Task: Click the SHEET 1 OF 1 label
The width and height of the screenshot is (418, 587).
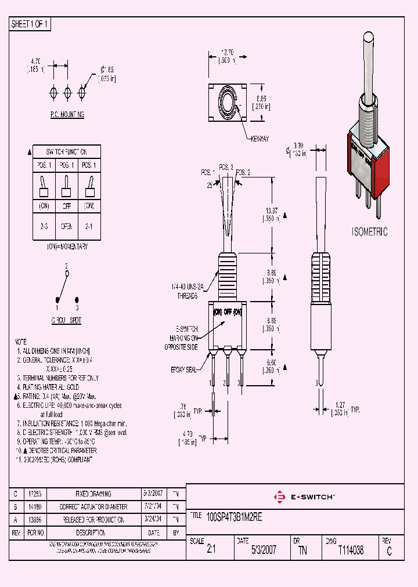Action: click(x=30, y=24)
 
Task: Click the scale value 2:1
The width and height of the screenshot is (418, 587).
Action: click(x=211, y=550)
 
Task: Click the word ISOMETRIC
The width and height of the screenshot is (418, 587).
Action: click(x=370, y=231)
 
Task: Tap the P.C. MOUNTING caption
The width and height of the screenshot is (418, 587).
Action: click(x=67, y=115)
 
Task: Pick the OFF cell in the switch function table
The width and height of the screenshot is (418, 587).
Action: click(x=67, y=206)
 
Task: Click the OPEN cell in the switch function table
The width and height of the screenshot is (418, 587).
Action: click(x=67, y=227)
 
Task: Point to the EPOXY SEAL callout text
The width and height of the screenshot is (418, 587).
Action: click(x=185, y=368)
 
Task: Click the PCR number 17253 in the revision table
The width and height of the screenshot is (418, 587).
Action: click(x=34, y=494)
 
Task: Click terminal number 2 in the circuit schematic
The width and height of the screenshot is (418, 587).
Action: click(x=67, y=266)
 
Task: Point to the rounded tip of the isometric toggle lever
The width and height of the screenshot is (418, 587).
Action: click(x=367, y=38)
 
